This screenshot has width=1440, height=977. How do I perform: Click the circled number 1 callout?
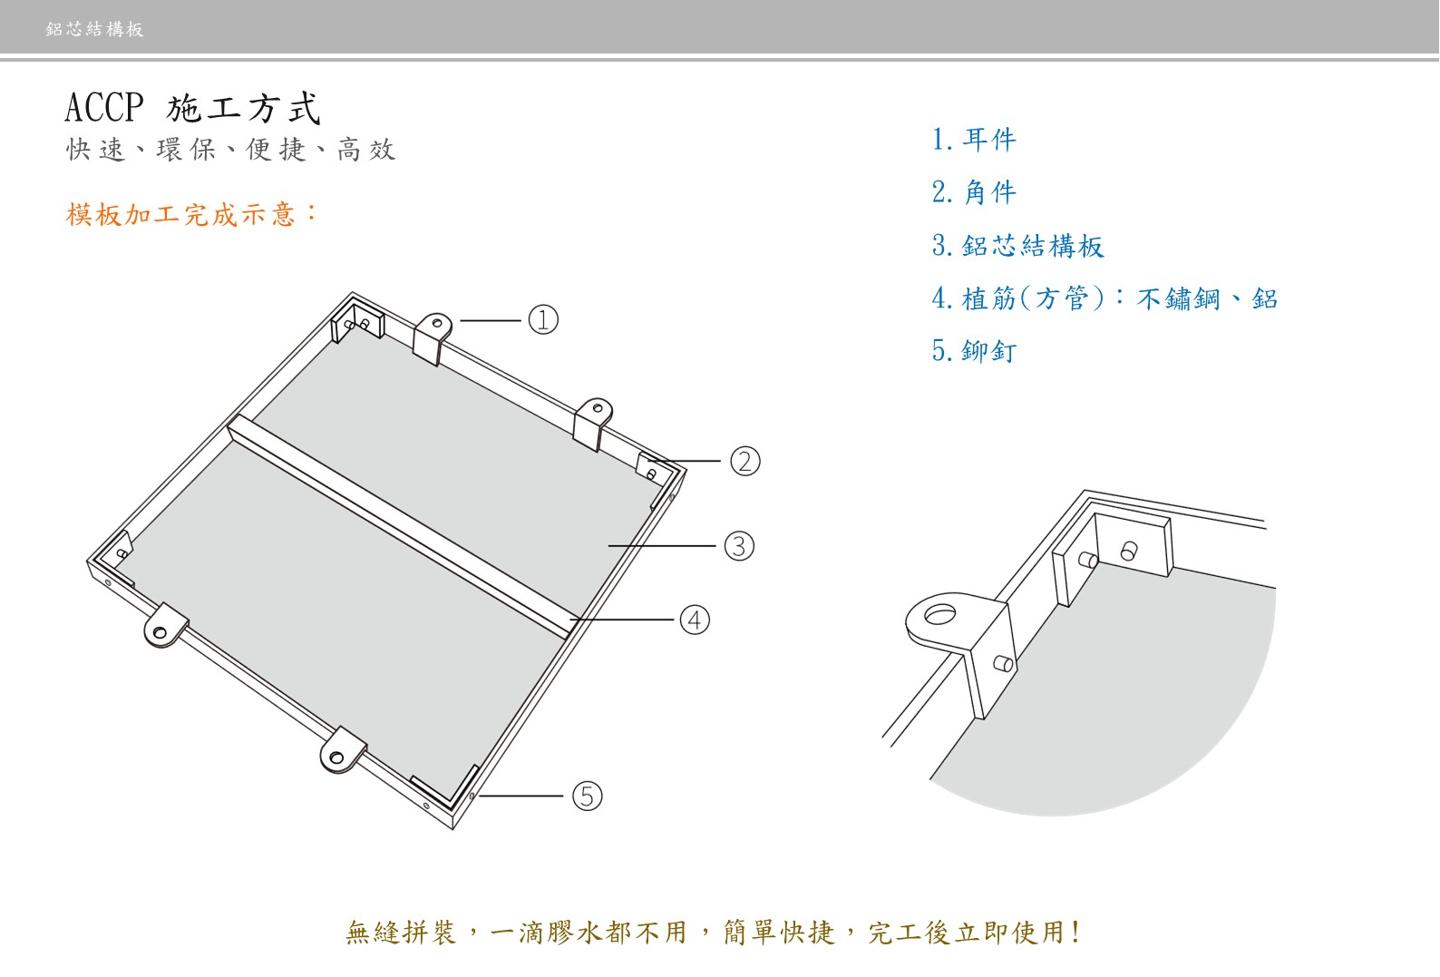click(543, 320)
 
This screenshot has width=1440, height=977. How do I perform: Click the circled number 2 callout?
click(745, 462)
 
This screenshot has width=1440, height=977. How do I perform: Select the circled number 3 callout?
click(739, 546)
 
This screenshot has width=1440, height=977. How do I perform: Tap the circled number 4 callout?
click(695, 620)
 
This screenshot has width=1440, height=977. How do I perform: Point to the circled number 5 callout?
click(587, 796)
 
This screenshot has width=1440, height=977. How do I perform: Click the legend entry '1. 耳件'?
click(974, 140)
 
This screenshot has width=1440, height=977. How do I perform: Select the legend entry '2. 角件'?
click(974, 192)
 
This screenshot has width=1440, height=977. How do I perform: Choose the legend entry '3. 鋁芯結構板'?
click(1017, 246)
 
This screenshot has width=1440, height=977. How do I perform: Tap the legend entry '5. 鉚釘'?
click(974, 351)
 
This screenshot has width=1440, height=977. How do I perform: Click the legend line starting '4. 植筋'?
click(1104, 298)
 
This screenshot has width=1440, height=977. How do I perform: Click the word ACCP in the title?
click(104, 108)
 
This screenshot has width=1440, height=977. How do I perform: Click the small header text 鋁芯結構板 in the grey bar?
click(95, 29)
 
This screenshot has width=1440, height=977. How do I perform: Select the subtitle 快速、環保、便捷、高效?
click(231, 150)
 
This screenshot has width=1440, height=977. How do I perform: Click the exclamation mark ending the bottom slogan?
click(1075, 933)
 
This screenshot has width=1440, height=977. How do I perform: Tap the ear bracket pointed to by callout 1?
click(433, 336)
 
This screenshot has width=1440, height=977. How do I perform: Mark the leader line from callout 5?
click(522, 796)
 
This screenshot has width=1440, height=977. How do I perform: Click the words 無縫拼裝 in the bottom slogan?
click(401, 933)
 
